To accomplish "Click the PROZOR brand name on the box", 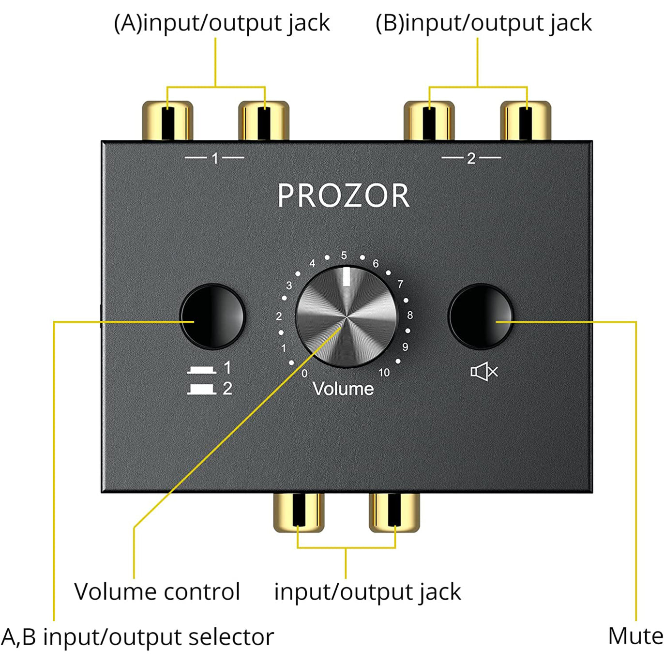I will pyautogui.click(x=344, y=196).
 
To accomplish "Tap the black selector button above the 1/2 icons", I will pyautogui.click(x=212, y=316).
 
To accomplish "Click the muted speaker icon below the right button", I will pyautogui.click(x=483, y=372).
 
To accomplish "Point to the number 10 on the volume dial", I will pyautogui.click(x=384, y=372).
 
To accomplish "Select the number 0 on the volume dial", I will pyautogui.click(x=304, y=373).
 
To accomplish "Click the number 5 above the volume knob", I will pyautogui.click(x=344, y=256).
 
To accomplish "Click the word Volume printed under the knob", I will pyautogui.click(x=343, y=389).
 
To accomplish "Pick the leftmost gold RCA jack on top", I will pyautogui.click(x=167, y=121).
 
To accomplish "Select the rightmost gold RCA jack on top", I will pyautogui.click(x=526, y=121).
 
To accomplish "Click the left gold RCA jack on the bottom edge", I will pyautogui.click(x=299, y=513).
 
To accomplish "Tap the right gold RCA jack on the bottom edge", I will pyautogui.click(x=394, y=513).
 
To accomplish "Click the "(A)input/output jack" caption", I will pyautogui.click(x=222, y=23).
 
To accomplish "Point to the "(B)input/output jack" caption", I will pyautogui.click(x=483, y=23).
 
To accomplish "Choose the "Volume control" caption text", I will pyautogui.click(x=157, y=591).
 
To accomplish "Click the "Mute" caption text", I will pyautogui.click(x=635, y=636).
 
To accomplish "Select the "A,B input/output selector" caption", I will pyautogui.click(x=137, y=637).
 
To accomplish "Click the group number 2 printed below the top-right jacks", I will pyautogui.click(x=471, y=158).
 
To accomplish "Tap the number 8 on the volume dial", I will pyautogui.click(x=410, y=315).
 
